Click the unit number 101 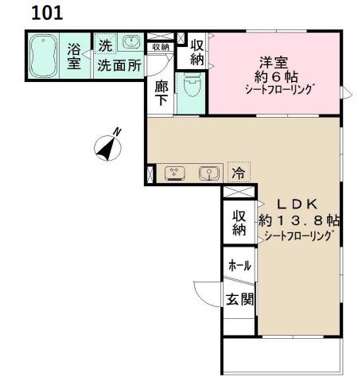(x=47, y=13)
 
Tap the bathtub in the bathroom (x=43, y=56)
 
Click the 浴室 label (x=74, y=56)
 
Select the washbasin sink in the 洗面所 (x=130, y=41)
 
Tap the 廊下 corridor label (x=162, y=93)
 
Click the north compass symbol (x=108, y=146)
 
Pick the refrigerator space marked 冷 (x=239, y=173)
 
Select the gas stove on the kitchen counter (x=175, y=173)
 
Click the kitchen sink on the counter (x=209, y=173)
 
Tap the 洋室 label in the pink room (x=274, y=63)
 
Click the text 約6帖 (x=276, y=77)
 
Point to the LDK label (x=297, y=204)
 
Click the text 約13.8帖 (x=299, y=220)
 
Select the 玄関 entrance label (x=239, y=300)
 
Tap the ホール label (x=239, y=266)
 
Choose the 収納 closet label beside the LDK (x=239, y=223)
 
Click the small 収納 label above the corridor (x=161, y=47)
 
